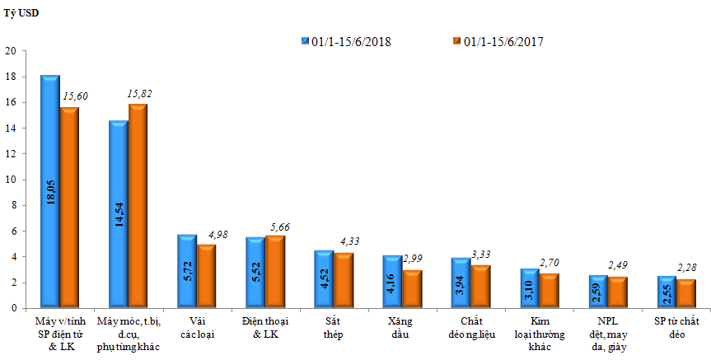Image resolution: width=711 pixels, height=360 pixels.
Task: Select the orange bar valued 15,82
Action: click(x=137, y=206)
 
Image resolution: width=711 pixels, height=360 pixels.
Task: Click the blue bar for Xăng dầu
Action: click(x=391, y=282)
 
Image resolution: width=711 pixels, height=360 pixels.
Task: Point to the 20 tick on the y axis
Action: click(x=11, y=51)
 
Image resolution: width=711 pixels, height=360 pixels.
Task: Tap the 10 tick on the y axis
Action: click(x=11, y=180)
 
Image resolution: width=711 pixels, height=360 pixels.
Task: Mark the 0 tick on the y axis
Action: click(x=12, y=308)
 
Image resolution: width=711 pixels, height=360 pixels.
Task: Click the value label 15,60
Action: click(x=75, y=96)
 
